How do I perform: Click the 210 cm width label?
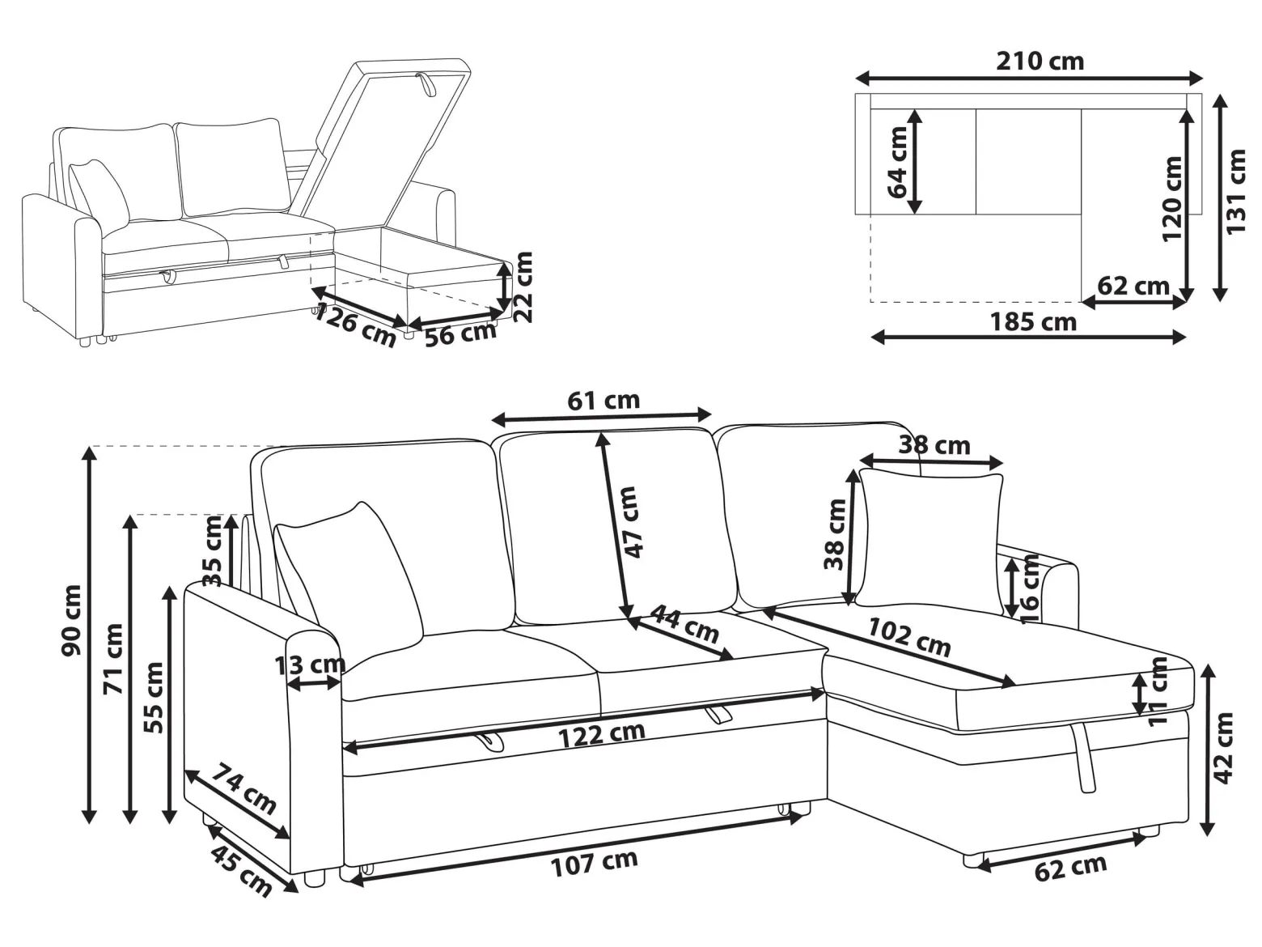[1040, 62]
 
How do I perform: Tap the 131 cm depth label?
[1235, 192]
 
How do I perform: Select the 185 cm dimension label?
[1033, 322]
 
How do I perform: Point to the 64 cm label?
[897, 162]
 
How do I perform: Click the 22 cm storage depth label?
[522, 287]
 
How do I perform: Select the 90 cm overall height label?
[70, 621]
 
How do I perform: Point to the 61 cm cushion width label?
[603, 400]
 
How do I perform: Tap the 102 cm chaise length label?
[908, 638]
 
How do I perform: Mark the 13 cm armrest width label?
[310, 665]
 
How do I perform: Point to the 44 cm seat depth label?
[684, 624]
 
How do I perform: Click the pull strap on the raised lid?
[426, 84]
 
